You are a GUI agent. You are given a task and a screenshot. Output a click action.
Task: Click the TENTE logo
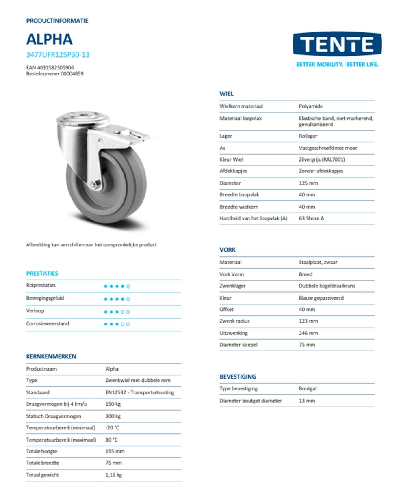(x=337, y=44)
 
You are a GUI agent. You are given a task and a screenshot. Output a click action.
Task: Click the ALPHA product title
(x=49, y=39)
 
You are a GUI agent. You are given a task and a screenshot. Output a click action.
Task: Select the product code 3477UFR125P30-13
(x=57, y=55)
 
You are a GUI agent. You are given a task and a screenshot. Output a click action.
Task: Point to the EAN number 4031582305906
(x=50, y=67)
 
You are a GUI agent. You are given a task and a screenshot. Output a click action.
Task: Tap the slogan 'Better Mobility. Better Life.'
(x=337, y=64)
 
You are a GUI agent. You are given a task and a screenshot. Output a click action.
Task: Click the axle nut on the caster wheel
(x=94, y=185)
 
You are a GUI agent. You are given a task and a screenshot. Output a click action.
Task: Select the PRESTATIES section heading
(x=42, y=273)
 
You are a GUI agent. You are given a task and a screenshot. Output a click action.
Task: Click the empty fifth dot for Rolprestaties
(x=128, y=287)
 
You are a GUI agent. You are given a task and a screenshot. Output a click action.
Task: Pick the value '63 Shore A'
(x=311, y=218)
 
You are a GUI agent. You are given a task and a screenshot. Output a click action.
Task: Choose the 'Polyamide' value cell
(x=311, y=106)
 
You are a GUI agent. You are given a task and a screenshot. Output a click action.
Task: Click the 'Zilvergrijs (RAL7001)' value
(x=321, y=159)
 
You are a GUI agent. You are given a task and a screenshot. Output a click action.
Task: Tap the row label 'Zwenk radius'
(x=235, y=321)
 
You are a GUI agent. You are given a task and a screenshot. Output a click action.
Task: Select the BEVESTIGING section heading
(x=238, y=377)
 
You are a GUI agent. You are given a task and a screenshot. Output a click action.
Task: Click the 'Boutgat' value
(x=308, y=389)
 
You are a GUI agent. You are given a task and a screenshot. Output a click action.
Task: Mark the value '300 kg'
(x=113, y=416)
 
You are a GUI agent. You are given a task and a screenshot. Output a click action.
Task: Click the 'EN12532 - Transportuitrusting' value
(x=139, y=392)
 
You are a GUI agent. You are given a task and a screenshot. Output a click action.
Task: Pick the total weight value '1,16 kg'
(x=113, y=475)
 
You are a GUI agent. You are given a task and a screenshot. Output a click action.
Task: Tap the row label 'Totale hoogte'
(x=42, y=451)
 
